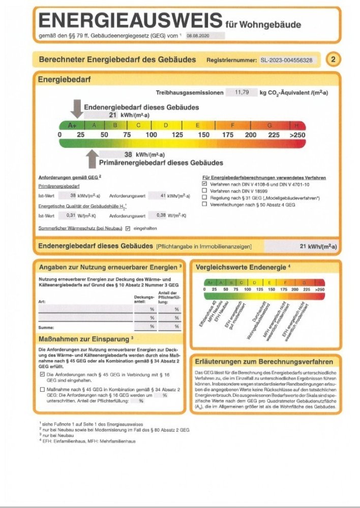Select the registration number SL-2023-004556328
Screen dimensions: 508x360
coord(286,60)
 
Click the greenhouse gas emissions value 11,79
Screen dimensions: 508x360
coord(241,92)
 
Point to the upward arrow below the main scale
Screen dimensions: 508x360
coord(92,159)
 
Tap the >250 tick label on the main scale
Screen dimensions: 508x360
coord(297,135)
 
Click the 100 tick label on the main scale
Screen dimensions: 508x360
coord(152,135)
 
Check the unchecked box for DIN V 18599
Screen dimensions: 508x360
coord(204,190)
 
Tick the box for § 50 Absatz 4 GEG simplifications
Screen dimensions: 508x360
coord(204,204)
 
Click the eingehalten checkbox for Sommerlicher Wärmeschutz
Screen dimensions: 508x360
coord(128,228)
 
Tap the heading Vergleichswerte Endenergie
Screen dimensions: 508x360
coord(239,267)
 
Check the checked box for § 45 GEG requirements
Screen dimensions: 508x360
coord(42,374)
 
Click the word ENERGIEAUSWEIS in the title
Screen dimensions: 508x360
coord(130,21)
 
